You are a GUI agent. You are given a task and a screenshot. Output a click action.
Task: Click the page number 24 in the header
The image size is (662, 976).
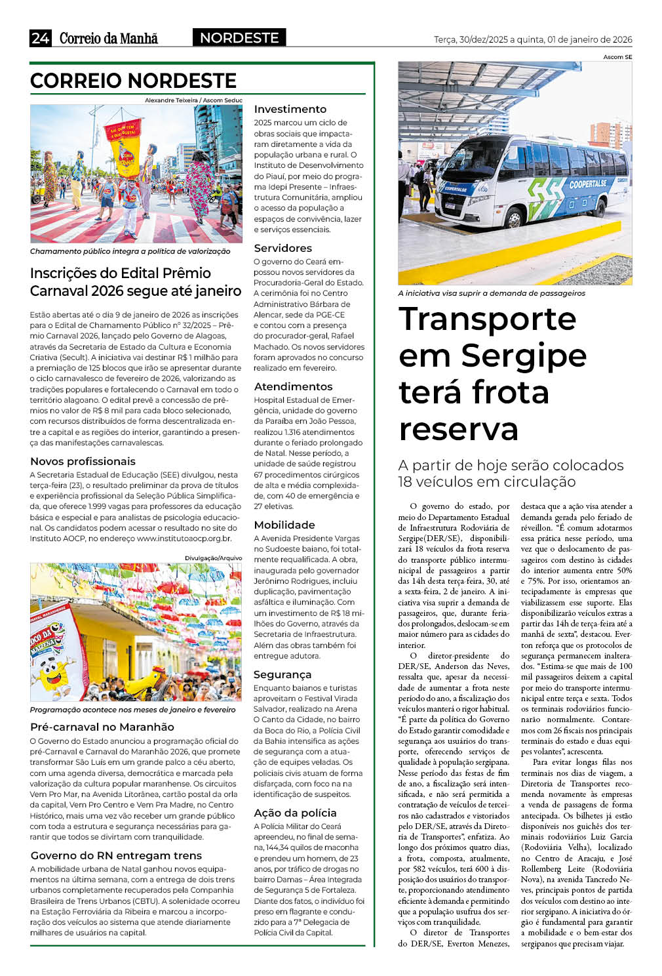click(40, 38)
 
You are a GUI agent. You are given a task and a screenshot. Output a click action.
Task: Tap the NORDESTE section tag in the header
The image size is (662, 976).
click(239, 38)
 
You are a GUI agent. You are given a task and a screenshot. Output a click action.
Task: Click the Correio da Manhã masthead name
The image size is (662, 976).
click(109, 38)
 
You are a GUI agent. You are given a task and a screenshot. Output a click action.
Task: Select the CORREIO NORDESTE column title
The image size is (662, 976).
click(133, 81)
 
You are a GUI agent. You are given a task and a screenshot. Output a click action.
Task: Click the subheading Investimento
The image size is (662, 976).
click(290, 109)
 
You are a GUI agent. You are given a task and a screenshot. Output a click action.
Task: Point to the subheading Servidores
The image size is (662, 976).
click(282, 248)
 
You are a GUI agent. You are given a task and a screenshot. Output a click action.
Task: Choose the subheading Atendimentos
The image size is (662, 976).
click(293, 386)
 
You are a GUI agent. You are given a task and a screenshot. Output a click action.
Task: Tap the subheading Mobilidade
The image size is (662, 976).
click(284, 525)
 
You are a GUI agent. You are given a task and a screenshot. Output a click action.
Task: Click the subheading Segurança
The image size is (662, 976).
click(282, 674)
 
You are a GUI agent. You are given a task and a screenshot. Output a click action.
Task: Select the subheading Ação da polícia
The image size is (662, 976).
click(295, 813)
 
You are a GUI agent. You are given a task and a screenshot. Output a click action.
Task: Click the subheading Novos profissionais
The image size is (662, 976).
click(83, 461)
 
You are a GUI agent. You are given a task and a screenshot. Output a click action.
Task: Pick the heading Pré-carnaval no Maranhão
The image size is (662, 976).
click(102, 727)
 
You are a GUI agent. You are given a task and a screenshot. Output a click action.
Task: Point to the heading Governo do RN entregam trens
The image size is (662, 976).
click(116, 855)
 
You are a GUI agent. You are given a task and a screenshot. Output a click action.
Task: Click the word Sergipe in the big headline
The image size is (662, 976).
click(524, 356)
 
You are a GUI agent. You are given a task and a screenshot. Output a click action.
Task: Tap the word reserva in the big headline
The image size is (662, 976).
click(458, 429)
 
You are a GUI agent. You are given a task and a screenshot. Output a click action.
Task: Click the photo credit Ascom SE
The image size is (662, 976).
click(617, 57)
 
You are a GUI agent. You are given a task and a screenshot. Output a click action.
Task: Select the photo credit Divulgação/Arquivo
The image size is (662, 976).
click(213, 558)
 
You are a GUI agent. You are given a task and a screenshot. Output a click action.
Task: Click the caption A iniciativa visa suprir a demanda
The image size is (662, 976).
click(491, 293)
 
